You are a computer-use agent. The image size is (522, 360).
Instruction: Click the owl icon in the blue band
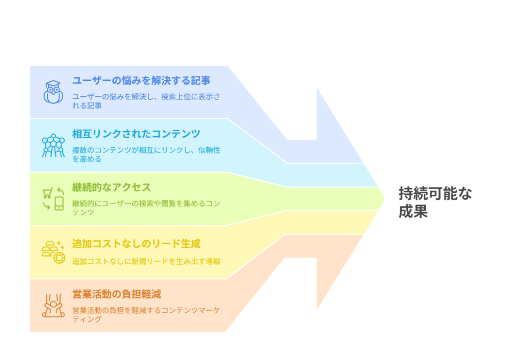tap(53, 92)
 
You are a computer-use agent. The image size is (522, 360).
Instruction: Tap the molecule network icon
tap(53, 145)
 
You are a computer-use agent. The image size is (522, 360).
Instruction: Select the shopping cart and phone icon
tap(53, 199)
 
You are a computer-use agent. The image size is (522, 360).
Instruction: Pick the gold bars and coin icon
tap(53, 252)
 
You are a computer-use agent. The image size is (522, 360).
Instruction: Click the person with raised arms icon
tap(53, 305)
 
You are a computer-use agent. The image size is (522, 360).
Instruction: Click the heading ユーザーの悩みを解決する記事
tap(142, 81)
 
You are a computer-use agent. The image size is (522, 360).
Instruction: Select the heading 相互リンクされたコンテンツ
tap(136, 134)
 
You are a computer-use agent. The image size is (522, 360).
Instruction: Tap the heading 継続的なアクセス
tap(112, 187)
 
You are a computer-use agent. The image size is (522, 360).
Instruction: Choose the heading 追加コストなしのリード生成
tap(136, 244)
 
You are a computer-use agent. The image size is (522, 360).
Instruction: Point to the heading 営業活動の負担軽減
tap(117, 294)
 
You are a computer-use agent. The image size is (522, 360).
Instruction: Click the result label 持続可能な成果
tap(435, 202)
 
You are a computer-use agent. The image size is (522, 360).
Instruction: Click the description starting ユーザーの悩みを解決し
tap(146, 101)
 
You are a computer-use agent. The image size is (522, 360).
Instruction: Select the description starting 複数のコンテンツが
tap(146, 155)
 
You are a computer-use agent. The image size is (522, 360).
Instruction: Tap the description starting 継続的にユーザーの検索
tap(146, 208)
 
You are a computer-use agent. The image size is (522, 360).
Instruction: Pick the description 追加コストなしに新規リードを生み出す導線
tap(146, 262)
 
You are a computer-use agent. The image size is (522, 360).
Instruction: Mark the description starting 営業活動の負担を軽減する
tap(146, 315)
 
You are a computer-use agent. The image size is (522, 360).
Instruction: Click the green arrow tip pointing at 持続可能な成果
tap(385, 199)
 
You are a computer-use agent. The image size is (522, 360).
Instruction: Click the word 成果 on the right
tap(413, 212)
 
